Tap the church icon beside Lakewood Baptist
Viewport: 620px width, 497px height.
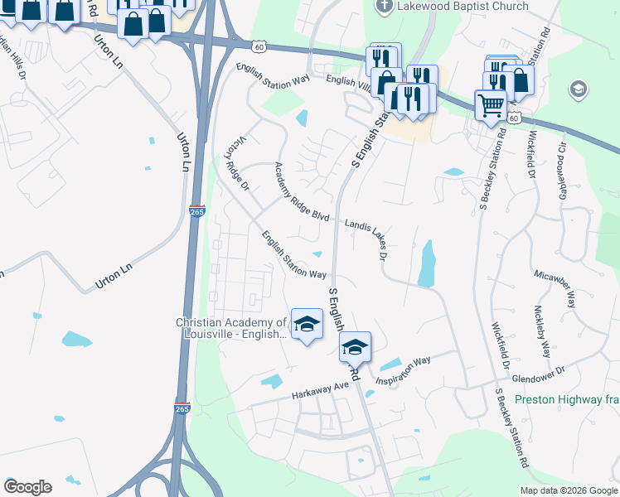(x=383, y=7)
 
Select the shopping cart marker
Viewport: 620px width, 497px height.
(x=491, y=105)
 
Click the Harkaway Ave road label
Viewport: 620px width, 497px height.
(x=321, y=392)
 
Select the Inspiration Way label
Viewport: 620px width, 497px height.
(x=404, y=370)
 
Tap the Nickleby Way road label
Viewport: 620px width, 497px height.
(x=542, y=331)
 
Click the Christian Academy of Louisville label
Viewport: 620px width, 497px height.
(x=231, y=329)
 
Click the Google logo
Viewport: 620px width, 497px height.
(x=27, y=487)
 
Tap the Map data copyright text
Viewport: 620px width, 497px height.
(x=568, y=490)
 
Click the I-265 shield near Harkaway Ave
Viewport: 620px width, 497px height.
(x=182, y=408)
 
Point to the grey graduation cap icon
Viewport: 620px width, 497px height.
(x=578, y=89)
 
